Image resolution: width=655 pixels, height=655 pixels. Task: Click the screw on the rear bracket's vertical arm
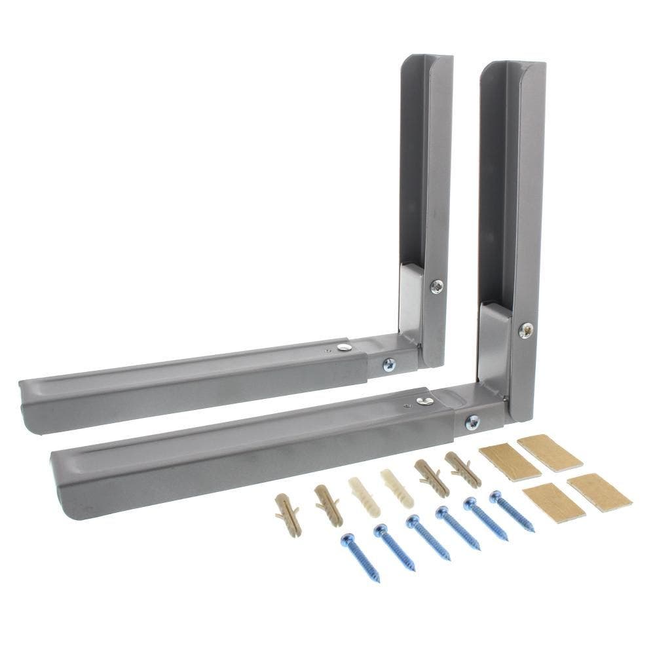pyautogui.click(x=436, y=286)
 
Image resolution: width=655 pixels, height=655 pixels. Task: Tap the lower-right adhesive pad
pyautogui.click(x=599, y=491)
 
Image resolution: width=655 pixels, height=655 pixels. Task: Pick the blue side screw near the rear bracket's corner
pyautogui.click(x=389, y=364)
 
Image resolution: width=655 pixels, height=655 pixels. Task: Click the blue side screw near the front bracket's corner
pyautogui.click(x=472, y=422)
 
